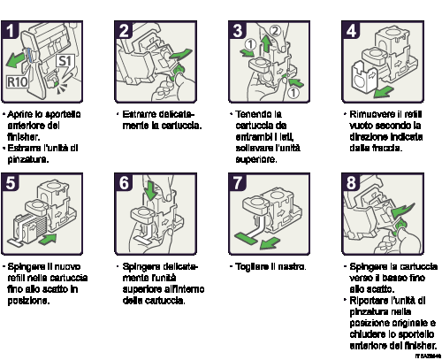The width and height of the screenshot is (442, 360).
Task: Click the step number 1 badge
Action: point(11,31)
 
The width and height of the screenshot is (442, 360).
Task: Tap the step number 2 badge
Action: point(125,31)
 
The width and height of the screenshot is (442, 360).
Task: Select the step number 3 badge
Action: point(238,31)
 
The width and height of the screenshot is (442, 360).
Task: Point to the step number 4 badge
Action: point(351,31)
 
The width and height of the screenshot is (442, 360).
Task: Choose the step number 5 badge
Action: point(11,183)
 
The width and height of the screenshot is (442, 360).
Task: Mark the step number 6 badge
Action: point(125,183)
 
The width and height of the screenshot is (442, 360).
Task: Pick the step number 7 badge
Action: point(238,183)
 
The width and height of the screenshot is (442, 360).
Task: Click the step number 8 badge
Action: point(351,183)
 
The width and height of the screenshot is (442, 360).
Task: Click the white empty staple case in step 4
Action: point(363,78)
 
